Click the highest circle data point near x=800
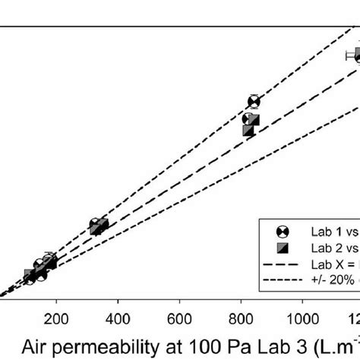click(254, 101)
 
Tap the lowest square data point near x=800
click(248, 131)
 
